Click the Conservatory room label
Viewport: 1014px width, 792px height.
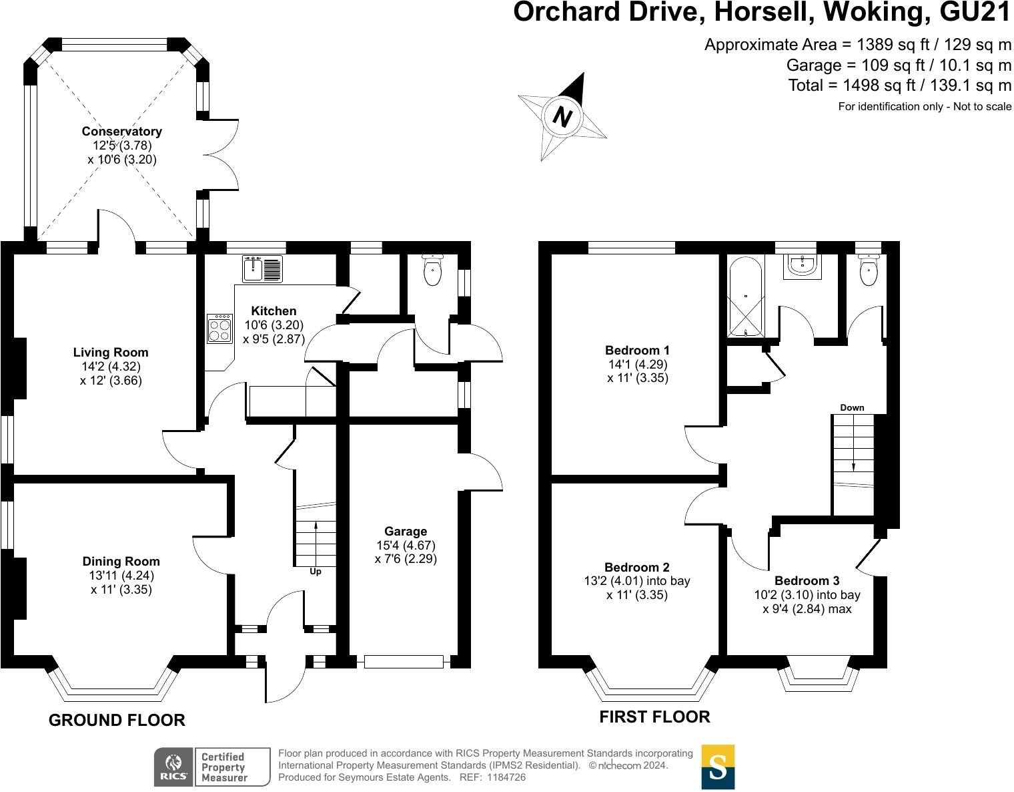point(122,132)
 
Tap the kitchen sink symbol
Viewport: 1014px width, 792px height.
point(262,269)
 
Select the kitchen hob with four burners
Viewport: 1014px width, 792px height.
point(219,329)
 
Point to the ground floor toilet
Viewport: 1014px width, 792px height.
point(432,269)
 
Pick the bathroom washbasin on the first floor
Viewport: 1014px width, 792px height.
point(802,266)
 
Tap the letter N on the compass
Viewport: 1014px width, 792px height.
point(562,116)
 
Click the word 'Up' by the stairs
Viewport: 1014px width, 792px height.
point(316,572)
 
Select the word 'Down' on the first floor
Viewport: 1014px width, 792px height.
point(852,407)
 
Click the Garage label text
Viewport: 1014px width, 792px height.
point(406,531)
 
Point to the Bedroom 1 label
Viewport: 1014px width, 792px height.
point(637,350)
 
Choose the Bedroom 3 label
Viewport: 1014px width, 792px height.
point(807,580)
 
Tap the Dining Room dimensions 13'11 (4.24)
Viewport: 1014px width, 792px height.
point(121,576)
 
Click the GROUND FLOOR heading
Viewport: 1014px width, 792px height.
point(117,720)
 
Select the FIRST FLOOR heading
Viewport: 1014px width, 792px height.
point(654,717)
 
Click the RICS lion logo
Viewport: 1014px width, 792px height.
point(173,767)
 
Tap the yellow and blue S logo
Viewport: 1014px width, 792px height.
point(718,767)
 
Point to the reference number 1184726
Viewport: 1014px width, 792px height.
point(506,777)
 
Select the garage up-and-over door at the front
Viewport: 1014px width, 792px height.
point(404,662)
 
